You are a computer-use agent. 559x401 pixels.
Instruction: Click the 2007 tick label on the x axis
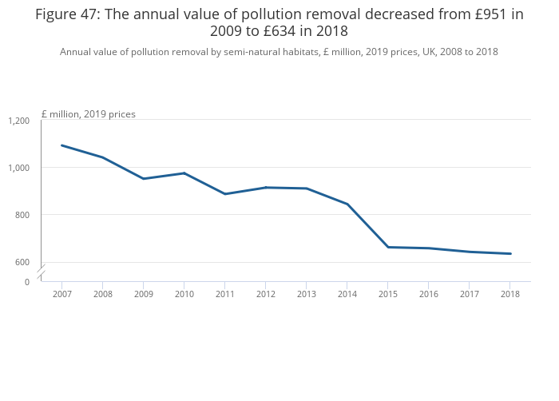[61, 294]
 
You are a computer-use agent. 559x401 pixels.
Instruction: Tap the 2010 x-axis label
[184, 294]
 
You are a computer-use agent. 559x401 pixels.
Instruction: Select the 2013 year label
[306, 294]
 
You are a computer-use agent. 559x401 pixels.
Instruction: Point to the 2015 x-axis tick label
[387, 294]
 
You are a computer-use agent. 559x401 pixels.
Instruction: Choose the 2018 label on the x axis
[510, 294]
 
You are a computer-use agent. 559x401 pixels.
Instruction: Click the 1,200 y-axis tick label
[18, 121]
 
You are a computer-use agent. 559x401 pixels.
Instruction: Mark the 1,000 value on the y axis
[18, 168]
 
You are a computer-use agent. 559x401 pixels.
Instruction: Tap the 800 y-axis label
[22, 215]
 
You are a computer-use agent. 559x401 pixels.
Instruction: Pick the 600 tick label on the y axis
[22, 262]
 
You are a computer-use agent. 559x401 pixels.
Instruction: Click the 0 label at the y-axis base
[26, 282]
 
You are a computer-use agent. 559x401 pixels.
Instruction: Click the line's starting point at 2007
[61, 145]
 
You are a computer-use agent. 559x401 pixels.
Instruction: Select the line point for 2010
[184, 173]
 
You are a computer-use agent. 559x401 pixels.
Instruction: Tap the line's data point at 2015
[387, 247]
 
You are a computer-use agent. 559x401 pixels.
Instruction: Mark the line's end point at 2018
[510, 254]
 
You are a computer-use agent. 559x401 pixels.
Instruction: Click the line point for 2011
[224, 194]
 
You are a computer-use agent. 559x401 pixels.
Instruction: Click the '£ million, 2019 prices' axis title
[88, 114]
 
